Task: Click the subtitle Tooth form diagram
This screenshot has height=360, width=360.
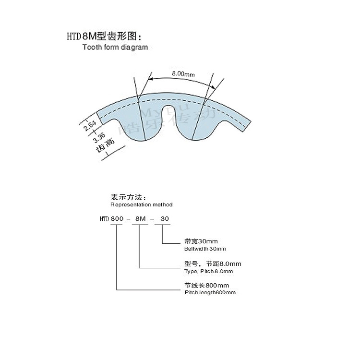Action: point(115,47)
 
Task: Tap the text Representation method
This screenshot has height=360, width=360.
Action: point(141,204)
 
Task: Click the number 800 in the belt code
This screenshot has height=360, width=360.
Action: point(118,219)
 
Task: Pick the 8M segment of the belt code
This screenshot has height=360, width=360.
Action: point(140,219)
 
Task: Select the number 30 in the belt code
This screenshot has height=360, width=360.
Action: point(165,219)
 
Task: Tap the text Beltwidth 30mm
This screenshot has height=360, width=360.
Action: point(205,249)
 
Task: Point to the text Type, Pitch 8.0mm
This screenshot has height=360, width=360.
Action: point(208,271)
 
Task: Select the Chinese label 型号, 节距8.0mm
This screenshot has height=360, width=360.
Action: point(213,264)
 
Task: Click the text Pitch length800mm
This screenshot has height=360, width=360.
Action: point(210,292)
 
